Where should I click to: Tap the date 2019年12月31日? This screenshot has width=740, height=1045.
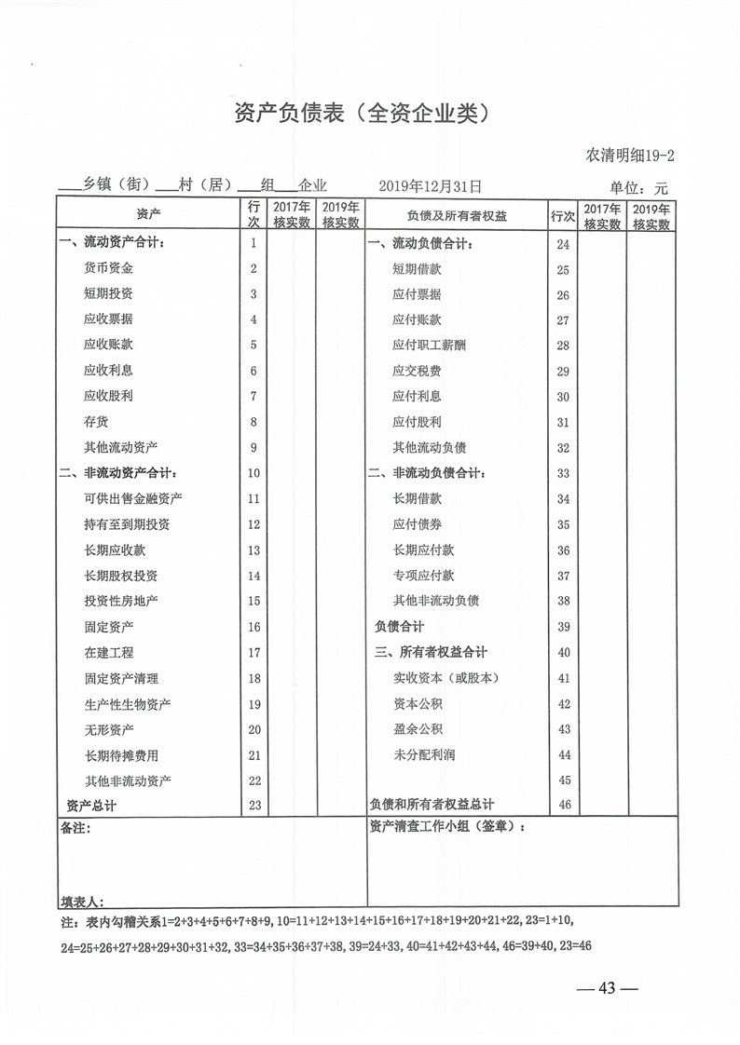(431, 187)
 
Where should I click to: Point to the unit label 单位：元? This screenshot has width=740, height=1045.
(639, 188)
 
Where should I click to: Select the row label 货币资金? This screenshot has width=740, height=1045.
(108, 268)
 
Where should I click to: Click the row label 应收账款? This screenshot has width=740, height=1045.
(108, 345)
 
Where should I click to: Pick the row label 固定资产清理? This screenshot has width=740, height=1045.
(121, 679)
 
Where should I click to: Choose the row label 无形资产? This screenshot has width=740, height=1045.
(108, 729)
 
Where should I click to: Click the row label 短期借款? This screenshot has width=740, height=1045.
(417, 269)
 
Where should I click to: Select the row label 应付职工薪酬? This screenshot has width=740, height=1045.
(429, 346)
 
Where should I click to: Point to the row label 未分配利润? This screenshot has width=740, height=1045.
(424, 754)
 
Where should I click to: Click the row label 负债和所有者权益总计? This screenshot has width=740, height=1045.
(432, 805)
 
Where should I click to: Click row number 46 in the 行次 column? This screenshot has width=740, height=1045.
(563, 805)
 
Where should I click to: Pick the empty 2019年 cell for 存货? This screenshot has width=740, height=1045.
(340, 421)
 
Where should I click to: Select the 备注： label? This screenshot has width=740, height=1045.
(76, 827)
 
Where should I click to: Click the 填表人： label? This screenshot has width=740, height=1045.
(82, 902)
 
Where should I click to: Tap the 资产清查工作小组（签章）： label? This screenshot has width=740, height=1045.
(447, 826)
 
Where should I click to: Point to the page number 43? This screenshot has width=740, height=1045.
(607, 988)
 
